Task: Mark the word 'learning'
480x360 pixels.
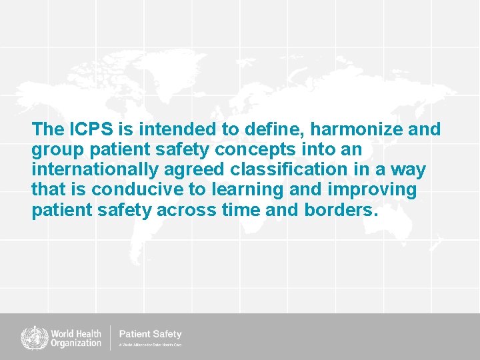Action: coord(252,191)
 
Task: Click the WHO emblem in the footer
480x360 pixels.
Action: coord(31,337)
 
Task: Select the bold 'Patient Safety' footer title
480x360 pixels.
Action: coord(150,333)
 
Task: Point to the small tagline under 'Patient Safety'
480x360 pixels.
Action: coord(150,345)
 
